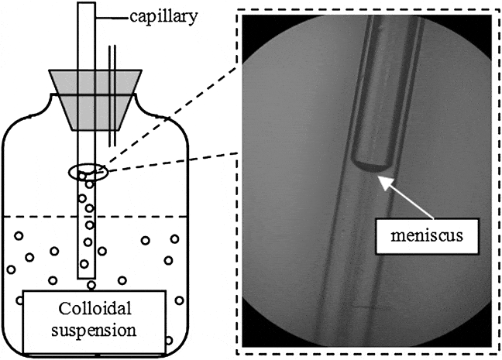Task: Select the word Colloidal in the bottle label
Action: [93, 309]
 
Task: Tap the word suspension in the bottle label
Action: [93, 331]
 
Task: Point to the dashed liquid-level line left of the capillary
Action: [39, 217]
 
